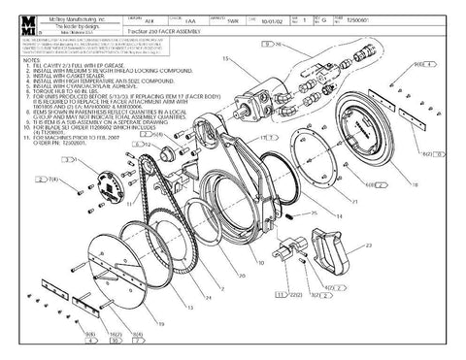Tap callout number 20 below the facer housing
[x=259, y=263]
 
